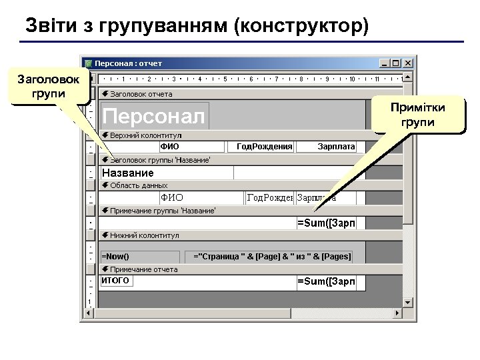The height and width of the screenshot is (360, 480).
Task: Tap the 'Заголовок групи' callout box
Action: pyautogui.click(x=51, y=85)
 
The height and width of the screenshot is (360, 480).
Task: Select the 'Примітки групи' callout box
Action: pyautogui.click(x=419, y=115)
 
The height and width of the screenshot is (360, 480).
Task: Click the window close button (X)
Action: pyautogui.click(x=407, y=63)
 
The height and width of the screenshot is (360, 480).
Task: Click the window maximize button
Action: pyautogui.click(x=396, y=63)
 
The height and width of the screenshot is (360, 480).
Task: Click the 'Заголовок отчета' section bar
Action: pyautogui.click(x=233, y=94)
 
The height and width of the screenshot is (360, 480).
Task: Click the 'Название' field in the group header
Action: pyautogui.click(x=167, y=173)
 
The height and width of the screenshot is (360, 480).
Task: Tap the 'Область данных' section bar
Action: pyautogui.click(x=233, y=185)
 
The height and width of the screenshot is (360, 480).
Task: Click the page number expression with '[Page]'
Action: pyautogui.click(x=272, y=256)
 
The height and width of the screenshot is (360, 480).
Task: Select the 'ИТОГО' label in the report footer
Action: pyautogui.click(x=115, y=281)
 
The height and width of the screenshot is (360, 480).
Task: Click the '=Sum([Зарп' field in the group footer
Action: pyautogui.click(x=326, y=223)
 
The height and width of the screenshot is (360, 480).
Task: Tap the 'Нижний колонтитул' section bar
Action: pyautogui.click(x=233, y=235)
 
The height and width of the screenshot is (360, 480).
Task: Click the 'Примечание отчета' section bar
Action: pyautogui.click(x=233, y=269)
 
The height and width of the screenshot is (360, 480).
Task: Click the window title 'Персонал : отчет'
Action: pyautogui.click(x=128, y=63)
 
